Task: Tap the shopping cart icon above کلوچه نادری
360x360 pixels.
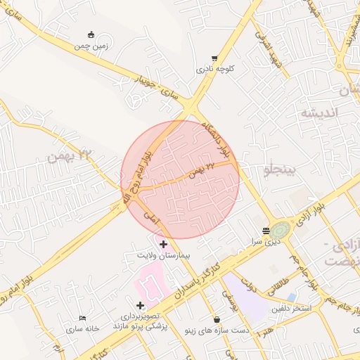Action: [214, 58]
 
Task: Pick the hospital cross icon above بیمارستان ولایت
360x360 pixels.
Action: [164, 244]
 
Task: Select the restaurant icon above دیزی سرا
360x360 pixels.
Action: [266, 231]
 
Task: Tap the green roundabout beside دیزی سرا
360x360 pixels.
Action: [281, 230]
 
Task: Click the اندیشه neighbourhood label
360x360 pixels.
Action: [320, 113]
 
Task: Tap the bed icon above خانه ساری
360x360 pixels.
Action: [83, 319]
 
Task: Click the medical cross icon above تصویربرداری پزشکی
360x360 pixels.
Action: [140, 305]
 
